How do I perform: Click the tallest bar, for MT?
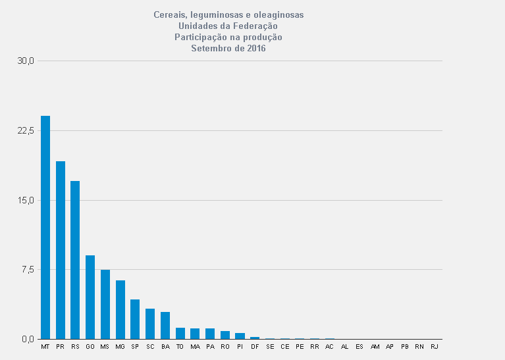coord(45,227)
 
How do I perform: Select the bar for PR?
coord(61,250)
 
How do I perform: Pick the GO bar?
coord(90,297)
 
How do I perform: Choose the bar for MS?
coord(105,304)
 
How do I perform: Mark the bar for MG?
coord(120,309)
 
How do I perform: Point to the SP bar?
coord(135,319)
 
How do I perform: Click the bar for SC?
coord(150,324)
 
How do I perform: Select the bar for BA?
coord(165,325)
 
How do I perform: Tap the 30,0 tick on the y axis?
coord(26,61)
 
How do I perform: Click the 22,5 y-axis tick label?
coord(26,130)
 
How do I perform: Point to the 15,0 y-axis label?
coord(26,200)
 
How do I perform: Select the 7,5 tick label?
coord(27,270)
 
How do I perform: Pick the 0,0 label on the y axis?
coord(27,339)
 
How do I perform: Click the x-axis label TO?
coord(180,346)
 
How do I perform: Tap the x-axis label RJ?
coord(434,346)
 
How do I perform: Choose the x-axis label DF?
coord(255,346)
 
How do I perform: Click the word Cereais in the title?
coord(169,14)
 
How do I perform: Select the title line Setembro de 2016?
coord(228,48)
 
